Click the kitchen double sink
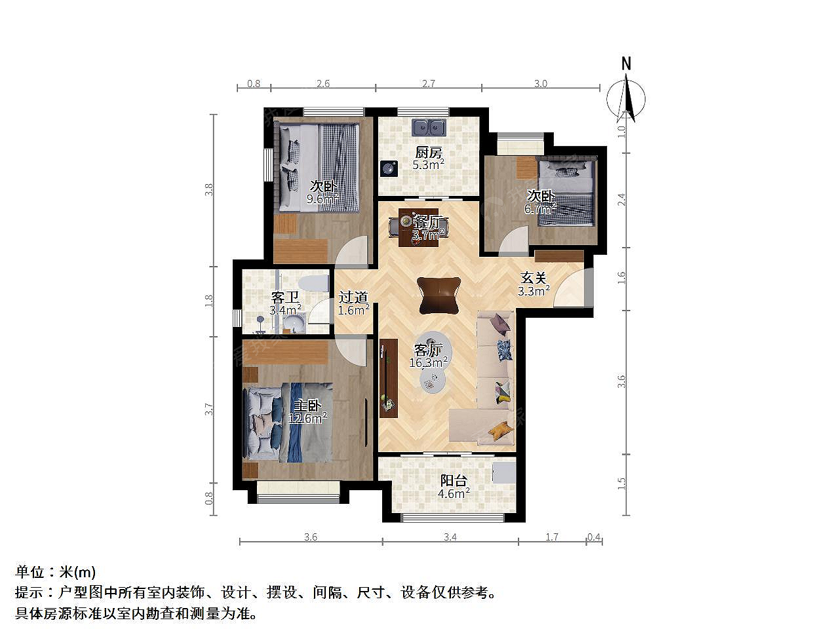pos(429,127)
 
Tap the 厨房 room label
pos(429,153)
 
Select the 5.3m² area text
pos(428,165)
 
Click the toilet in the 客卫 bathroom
pos(313,284)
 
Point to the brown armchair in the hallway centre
pos(439,295)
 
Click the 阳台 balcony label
pos(454,480)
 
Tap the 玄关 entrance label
pos(533,278)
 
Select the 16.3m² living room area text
pos(429,362)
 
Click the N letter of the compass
pos(626,64)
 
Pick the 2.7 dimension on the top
pos(429,83)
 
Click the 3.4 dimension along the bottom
pos(450,537)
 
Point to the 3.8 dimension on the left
pos(208,190)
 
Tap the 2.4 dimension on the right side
pos(622,200)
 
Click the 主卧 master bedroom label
pos(307,406)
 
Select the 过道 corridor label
pos(353,297)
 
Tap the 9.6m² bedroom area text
pos(322,199)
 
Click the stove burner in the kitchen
pos(389,168)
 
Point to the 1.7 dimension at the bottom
pos(551,537)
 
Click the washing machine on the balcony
pos(504,473)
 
